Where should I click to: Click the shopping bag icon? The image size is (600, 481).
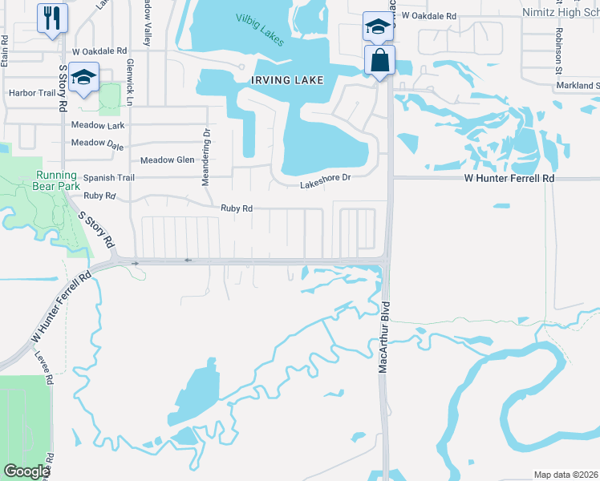click(x=379, y=59)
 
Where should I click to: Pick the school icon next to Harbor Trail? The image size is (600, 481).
click(x=83, y=78)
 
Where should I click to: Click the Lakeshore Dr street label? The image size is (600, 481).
click(x=326, y=182)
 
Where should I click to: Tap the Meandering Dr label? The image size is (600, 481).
click(x=205, y=157)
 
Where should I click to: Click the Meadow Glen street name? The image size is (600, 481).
click(x=167, y=160)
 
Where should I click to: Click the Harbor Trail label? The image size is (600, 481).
click(x=31, y=93)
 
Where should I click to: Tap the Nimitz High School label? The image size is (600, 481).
click(x=560, y=14)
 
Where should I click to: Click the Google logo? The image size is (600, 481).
click(x=26, y=471)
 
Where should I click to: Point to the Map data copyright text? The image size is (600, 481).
click(x=566, y=475)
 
